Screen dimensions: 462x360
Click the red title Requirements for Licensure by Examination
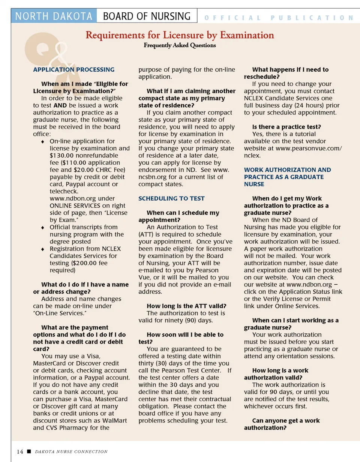click(x=180, y=35)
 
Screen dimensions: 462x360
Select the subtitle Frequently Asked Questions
click(x=180, y=45)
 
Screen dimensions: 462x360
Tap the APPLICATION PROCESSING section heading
click(x=74, y=69)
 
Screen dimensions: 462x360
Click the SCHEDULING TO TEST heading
click(x=171, y=198)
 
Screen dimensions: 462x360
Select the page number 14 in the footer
click(x=19, y=451)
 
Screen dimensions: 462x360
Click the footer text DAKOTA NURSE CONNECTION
click(x=71, y=451)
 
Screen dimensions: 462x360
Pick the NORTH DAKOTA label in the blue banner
click(x=54, y=16)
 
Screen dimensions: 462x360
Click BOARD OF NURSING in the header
click(x=147, y=16)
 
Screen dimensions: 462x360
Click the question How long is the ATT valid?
click(x=186, y=306)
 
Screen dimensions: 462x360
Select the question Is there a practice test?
click(x=286, y=127)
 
